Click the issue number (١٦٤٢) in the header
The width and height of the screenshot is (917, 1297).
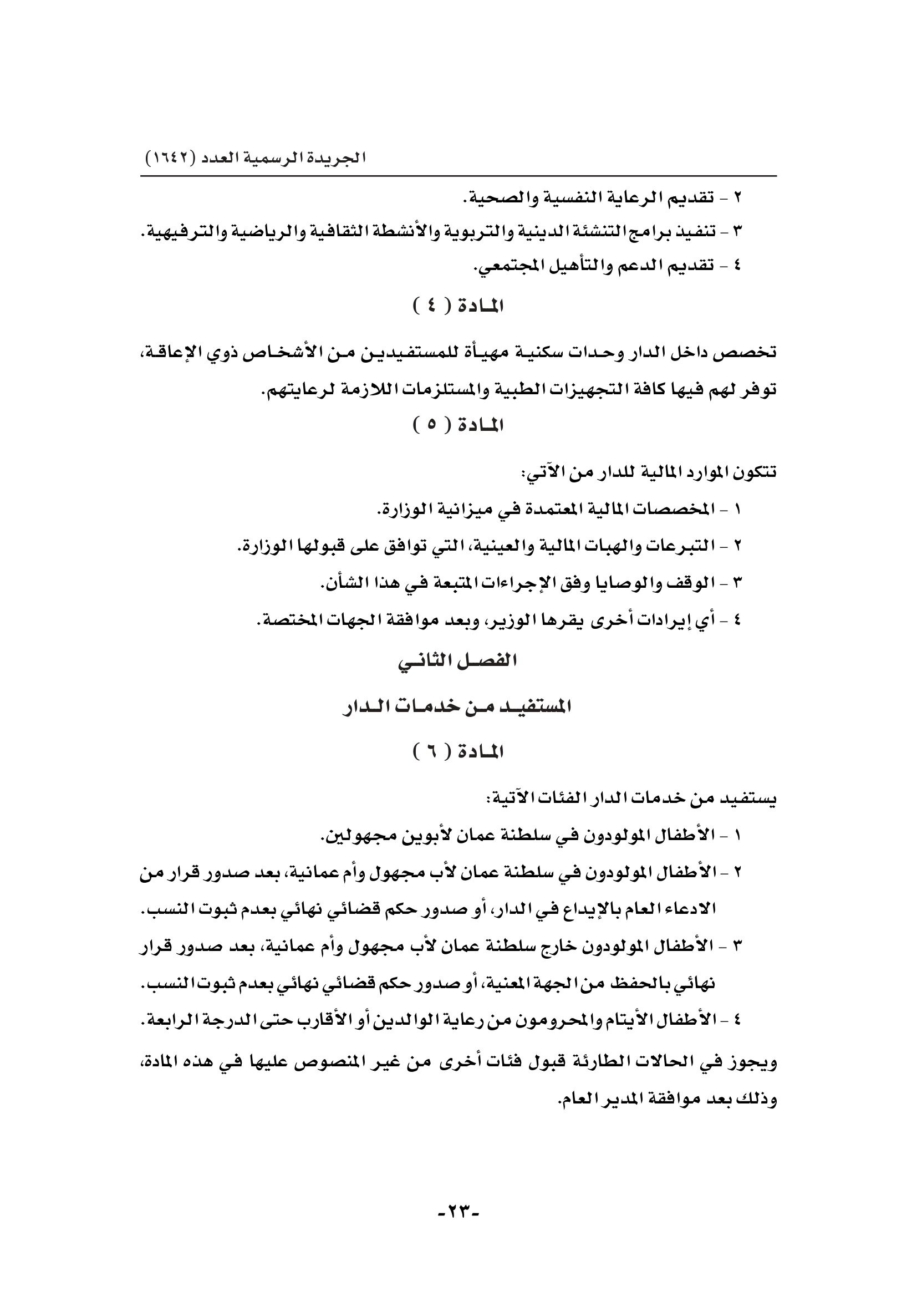tap(170, 157)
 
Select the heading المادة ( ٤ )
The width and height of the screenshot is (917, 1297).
tap(458, 307)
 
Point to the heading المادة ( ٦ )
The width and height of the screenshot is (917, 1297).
tap(458, 752)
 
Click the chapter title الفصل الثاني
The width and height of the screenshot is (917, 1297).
tap(458, 661)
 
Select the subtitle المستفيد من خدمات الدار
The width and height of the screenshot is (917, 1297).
tap(458, 706)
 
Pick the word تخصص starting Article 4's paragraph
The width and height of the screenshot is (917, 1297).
tap(750, 353)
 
